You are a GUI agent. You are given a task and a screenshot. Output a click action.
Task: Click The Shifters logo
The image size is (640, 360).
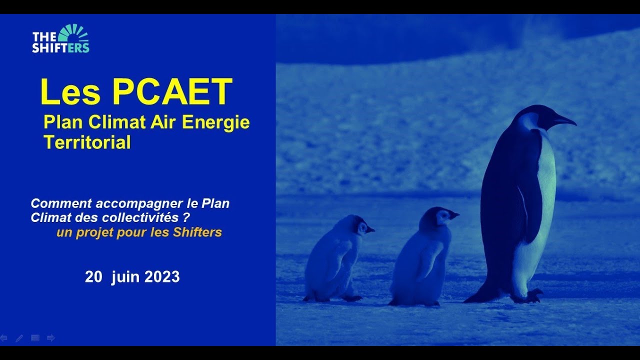(60, 39)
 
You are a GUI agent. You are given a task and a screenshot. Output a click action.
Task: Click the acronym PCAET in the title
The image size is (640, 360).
(172, 92)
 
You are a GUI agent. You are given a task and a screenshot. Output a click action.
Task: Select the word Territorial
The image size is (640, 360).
(87, 142)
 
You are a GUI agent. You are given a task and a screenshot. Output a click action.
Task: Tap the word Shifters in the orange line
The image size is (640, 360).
(197, 232)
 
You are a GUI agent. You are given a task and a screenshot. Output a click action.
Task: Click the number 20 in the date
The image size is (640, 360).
(93, 277)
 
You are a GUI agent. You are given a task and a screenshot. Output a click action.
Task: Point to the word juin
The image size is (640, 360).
(126, 277)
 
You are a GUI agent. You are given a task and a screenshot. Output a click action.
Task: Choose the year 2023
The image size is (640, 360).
(162, 277)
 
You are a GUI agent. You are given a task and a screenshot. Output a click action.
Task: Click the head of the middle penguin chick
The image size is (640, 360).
(438, 216)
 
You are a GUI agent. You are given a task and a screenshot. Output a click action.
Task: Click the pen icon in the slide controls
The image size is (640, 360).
(19, 338)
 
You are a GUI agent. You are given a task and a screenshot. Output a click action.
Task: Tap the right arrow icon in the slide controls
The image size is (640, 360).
(50, 338)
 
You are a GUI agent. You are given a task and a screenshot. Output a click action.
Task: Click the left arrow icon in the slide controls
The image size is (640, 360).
(4, 338)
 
